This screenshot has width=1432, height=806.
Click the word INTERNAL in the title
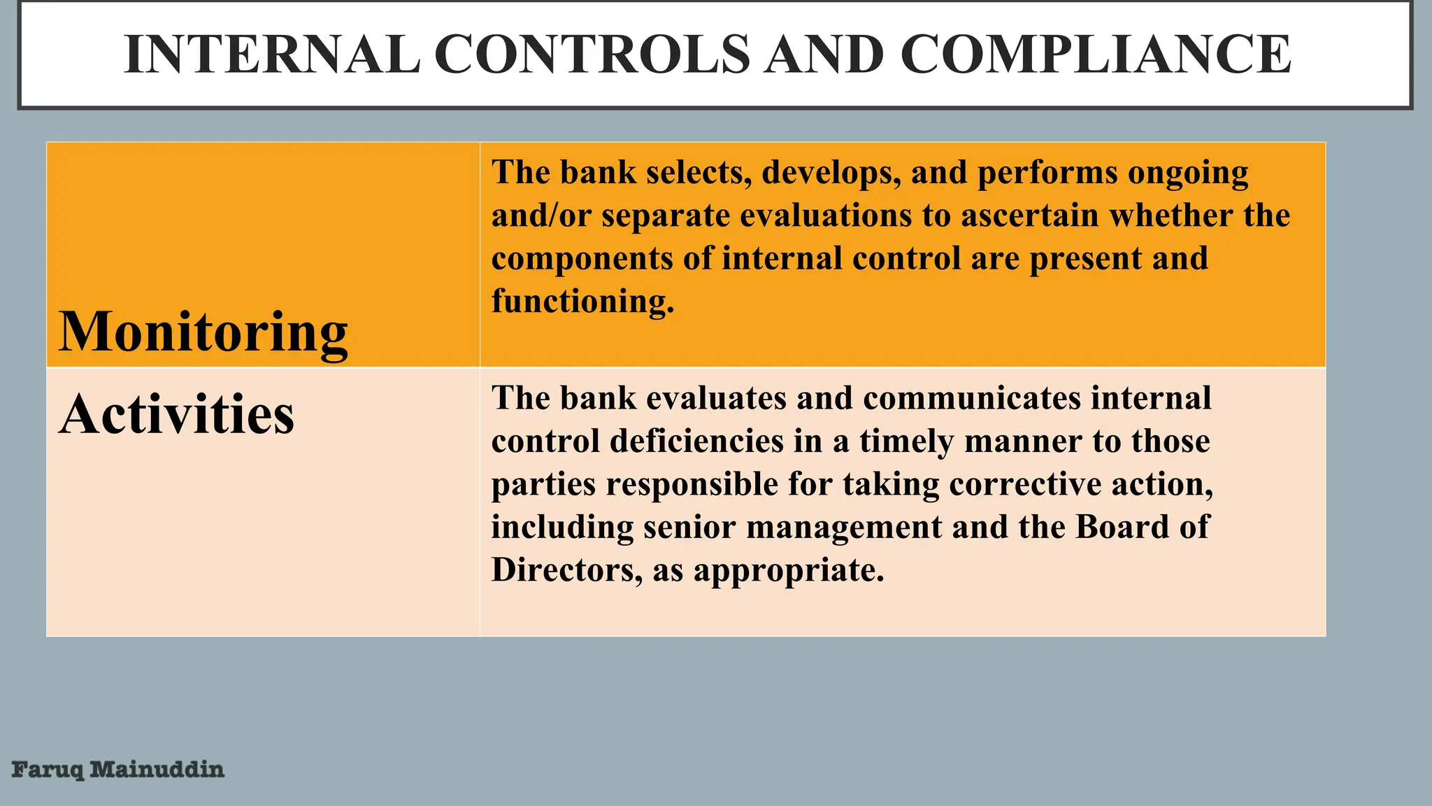tap(272, 55)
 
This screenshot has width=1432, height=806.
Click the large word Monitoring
tap(203, 332)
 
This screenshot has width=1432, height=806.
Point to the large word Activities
tap(176, 414)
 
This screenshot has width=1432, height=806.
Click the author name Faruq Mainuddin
tap(118, 770)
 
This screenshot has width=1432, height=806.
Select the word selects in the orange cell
tap(699, 172)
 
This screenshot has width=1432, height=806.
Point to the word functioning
tap(582, 302)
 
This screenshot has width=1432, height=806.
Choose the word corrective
tap(1024, 484)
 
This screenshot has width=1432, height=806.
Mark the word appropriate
tap(788, 571)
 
